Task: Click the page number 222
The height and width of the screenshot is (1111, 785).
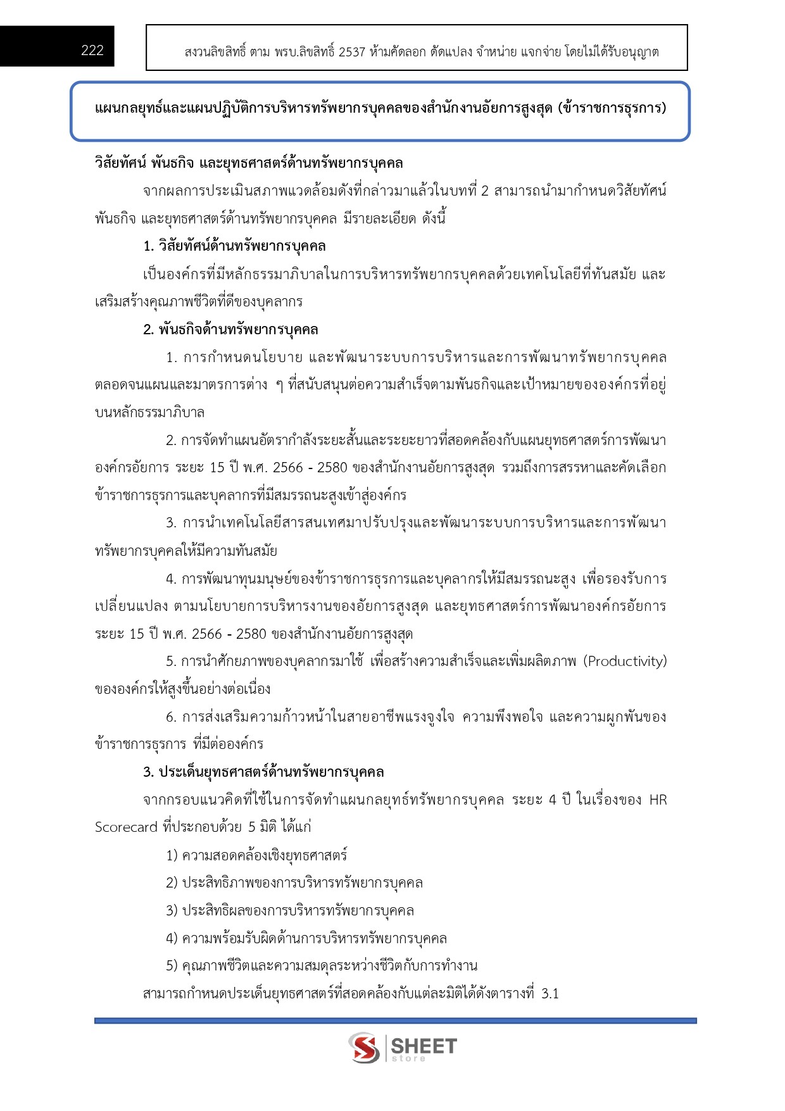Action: point(92,51)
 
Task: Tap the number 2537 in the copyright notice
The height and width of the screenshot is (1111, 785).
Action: point(352,52)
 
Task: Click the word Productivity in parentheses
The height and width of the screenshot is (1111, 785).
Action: point(625,662)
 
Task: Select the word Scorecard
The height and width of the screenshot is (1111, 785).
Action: point(126,827)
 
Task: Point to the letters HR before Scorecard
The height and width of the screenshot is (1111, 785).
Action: point(658,800)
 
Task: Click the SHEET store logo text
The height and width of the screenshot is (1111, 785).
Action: point(424,1048)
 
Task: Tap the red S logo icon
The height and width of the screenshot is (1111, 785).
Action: point(364,1048)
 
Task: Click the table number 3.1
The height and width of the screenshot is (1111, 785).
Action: point(550,994)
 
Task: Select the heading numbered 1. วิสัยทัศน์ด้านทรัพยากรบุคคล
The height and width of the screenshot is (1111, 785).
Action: point(234,246)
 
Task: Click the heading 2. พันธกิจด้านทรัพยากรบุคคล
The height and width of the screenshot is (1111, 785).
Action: point(230,330)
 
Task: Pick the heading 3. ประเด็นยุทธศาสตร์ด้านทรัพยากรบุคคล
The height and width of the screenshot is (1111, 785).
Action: point(263,772)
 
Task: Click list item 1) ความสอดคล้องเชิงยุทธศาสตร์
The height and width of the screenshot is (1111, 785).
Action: point(256,856)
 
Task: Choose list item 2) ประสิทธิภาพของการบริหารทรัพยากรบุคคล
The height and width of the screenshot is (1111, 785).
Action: point(294,883)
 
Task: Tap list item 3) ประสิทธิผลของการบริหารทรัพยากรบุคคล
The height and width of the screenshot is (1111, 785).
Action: point(290,911)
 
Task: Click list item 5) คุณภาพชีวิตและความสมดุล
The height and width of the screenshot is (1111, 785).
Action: point(322,966)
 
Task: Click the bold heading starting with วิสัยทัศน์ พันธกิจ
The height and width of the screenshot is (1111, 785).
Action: point(249,163)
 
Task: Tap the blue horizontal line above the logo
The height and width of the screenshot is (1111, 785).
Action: point(395,1020)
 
